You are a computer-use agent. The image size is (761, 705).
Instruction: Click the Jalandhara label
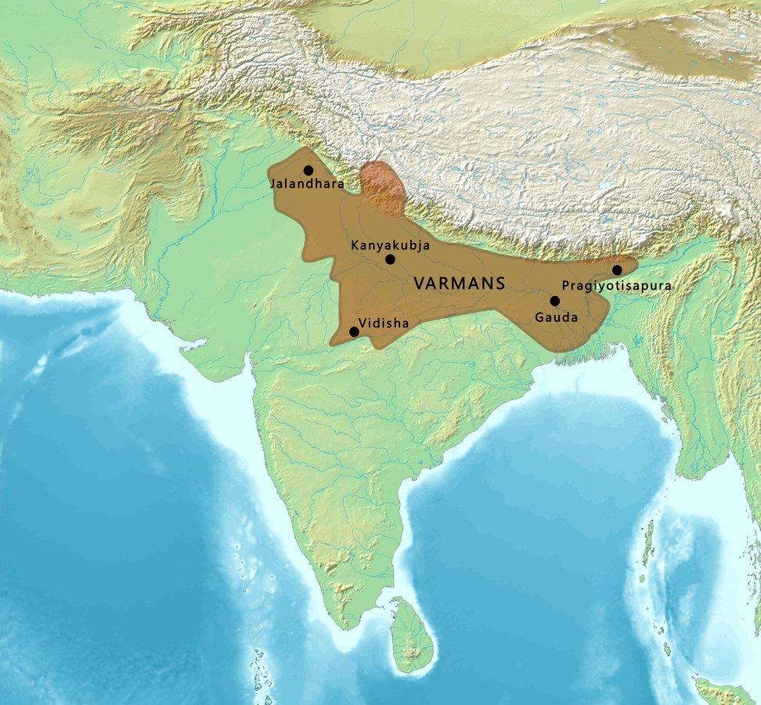(x=306, y=184)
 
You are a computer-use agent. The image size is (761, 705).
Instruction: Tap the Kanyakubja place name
(x=391, y=245)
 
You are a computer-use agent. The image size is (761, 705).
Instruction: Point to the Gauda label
(x=557, y=317)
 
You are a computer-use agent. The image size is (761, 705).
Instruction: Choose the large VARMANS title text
(x=459, y=284)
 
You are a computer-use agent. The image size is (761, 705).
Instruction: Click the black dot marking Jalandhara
(x=308, y=170)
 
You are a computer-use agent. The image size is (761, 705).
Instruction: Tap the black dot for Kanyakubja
(x=391, y=259)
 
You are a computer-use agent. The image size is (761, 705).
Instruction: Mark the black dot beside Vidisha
(x=354, y=331)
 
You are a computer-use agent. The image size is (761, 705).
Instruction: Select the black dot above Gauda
(x=555, y=301)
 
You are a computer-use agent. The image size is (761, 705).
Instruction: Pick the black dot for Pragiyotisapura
(x=618, y=270)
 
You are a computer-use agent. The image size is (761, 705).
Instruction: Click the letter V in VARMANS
(x=418, y=284)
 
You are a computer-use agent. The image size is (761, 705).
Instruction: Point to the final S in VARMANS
(x=499, y=284)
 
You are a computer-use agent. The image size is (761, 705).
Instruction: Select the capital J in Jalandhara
(x=273, y=184)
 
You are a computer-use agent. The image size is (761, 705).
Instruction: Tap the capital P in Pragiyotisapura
(x=566, y=286)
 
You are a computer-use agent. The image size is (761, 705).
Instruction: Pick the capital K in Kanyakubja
(x=355, y=245)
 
